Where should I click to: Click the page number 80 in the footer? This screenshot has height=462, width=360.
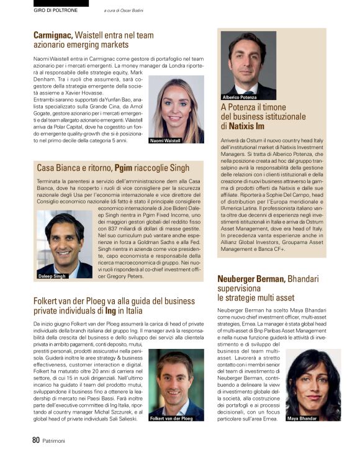coord(36,440)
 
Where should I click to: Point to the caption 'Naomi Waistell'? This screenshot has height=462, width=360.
coord(166,141)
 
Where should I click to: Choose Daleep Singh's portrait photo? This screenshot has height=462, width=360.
coord(65,242)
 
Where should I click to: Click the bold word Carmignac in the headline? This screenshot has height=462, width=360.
coord(53,35)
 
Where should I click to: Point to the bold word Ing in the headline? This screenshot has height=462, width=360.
coord(110,310)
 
